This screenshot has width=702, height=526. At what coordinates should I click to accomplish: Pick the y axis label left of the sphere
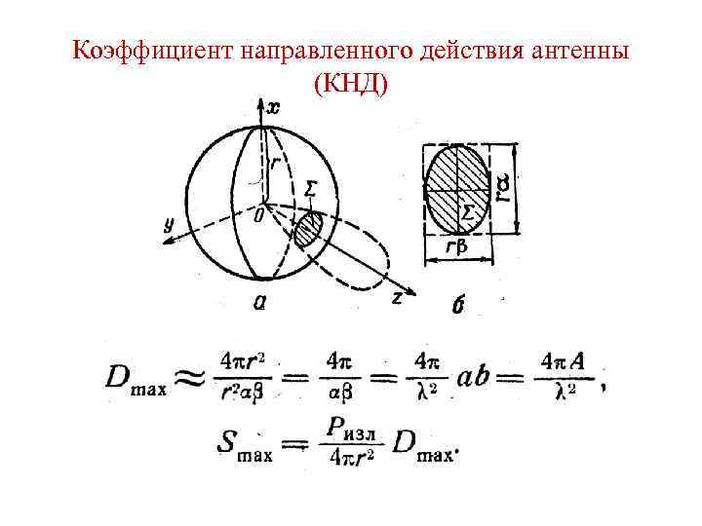coord(168,223)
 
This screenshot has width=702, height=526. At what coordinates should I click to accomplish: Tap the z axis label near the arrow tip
coord(397,298)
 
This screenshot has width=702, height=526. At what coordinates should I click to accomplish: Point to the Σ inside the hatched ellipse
coord(468,212)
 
